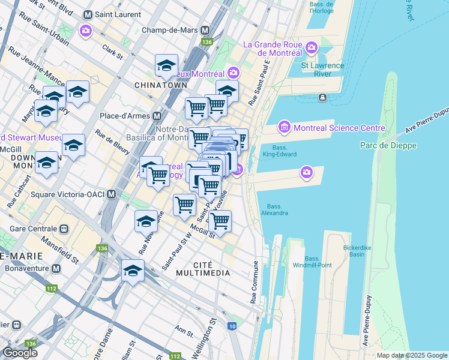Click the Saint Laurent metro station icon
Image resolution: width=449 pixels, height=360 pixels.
pos(88,14)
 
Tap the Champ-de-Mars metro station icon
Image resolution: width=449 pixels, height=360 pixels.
pos(205,29)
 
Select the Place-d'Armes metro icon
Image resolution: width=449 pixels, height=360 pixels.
pos(157,116)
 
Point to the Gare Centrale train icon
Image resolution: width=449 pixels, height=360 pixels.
pos(63,229)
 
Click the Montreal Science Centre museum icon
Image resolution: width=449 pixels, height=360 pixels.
pos(284,128)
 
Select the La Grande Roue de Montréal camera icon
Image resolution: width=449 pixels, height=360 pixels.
pos(311,47)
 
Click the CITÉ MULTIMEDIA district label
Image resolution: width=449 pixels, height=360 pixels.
pos(203,269)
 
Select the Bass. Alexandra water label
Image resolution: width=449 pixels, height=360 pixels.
pos(274,209)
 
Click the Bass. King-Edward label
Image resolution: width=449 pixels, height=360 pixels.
pos(280,151)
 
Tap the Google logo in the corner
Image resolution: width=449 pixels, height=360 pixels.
pos(20,353)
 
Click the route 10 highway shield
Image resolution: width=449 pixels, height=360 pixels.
pos(232,326)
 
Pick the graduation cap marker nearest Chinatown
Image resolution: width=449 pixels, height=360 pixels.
pos(166,67)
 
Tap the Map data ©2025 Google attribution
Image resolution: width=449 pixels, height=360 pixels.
pos(411,355)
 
